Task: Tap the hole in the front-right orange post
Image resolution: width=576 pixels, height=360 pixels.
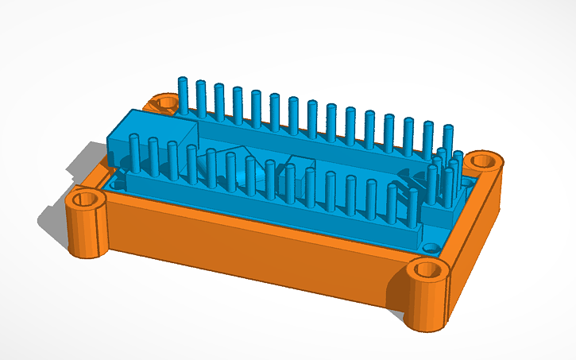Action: point(430,269)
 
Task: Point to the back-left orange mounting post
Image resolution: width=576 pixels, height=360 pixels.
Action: point(166,104)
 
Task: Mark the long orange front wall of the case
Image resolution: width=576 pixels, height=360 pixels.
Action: point(254,254)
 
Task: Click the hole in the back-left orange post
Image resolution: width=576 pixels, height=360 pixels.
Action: point(167,102)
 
